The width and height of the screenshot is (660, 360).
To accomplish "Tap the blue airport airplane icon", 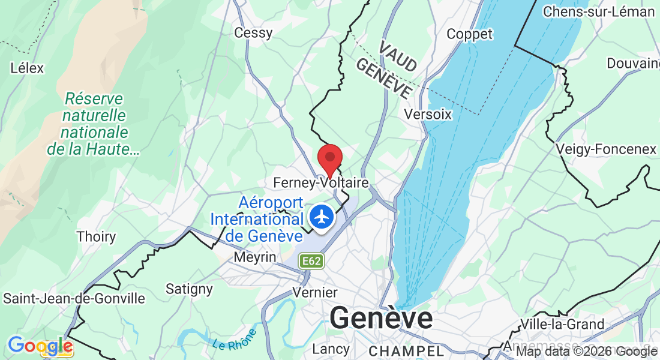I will tap(322, 217).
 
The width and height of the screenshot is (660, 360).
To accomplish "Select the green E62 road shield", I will tap(312, 261).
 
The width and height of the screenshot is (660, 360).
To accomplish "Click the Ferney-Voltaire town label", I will tap(320, 181).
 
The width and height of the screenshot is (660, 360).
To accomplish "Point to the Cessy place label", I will tap(253, 32).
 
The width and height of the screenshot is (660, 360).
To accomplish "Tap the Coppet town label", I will tap(469, 34).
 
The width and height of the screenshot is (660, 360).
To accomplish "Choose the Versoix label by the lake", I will tap(428, 114).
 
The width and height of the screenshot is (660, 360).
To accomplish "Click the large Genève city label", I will tap(381, 317).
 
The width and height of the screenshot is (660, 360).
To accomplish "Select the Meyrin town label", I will tap(256, 257).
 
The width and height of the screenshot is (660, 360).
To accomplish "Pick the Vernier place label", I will tap(315, 293).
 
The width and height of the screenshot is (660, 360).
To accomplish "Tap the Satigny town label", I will tap(189, 289).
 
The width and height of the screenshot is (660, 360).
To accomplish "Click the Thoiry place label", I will tap(96, 236).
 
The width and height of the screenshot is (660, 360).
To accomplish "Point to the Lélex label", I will tap(28, 68).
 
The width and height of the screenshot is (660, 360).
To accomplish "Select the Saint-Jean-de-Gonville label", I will tap(74, 298).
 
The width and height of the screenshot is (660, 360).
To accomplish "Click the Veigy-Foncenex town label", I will tap(606, 149).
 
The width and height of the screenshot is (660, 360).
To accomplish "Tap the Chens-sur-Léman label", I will tap(598, 11).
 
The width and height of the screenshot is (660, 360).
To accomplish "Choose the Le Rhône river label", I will tap(235, 340).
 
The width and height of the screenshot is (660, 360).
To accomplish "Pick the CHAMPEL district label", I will tap(406, 350).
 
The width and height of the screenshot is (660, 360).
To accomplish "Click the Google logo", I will tap(40, 346).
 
